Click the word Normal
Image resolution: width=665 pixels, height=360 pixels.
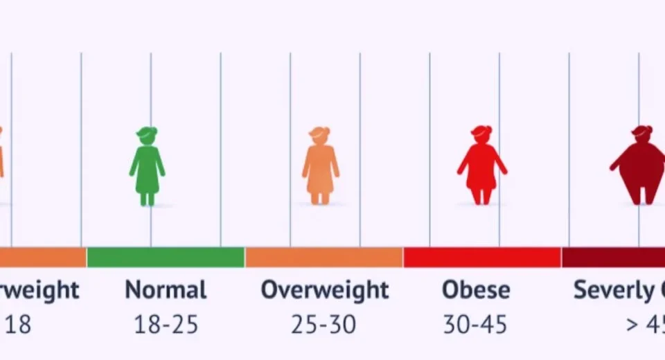pos(166,290)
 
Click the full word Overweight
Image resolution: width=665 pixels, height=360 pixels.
pos(324,290)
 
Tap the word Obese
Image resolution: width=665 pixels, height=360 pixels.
pos(475,290)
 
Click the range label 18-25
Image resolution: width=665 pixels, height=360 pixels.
pos(166,324)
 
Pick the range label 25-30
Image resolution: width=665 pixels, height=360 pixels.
pos(323,324)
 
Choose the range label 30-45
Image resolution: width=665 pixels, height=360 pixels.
pos(475,324)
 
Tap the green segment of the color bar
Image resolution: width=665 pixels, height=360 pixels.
pos(166,258)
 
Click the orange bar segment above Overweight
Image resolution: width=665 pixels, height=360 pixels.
pos(323,258)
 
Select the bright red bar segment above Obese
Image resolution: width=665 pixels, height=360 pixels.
pos(482,258)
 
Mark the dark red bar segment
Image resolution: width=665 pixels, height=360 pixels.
pos(613,258)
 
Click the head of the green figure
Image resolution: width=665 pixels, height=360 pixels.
pos(147,136)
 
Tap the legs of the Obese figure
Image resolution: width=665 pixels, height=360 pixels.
pos(481,195)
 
